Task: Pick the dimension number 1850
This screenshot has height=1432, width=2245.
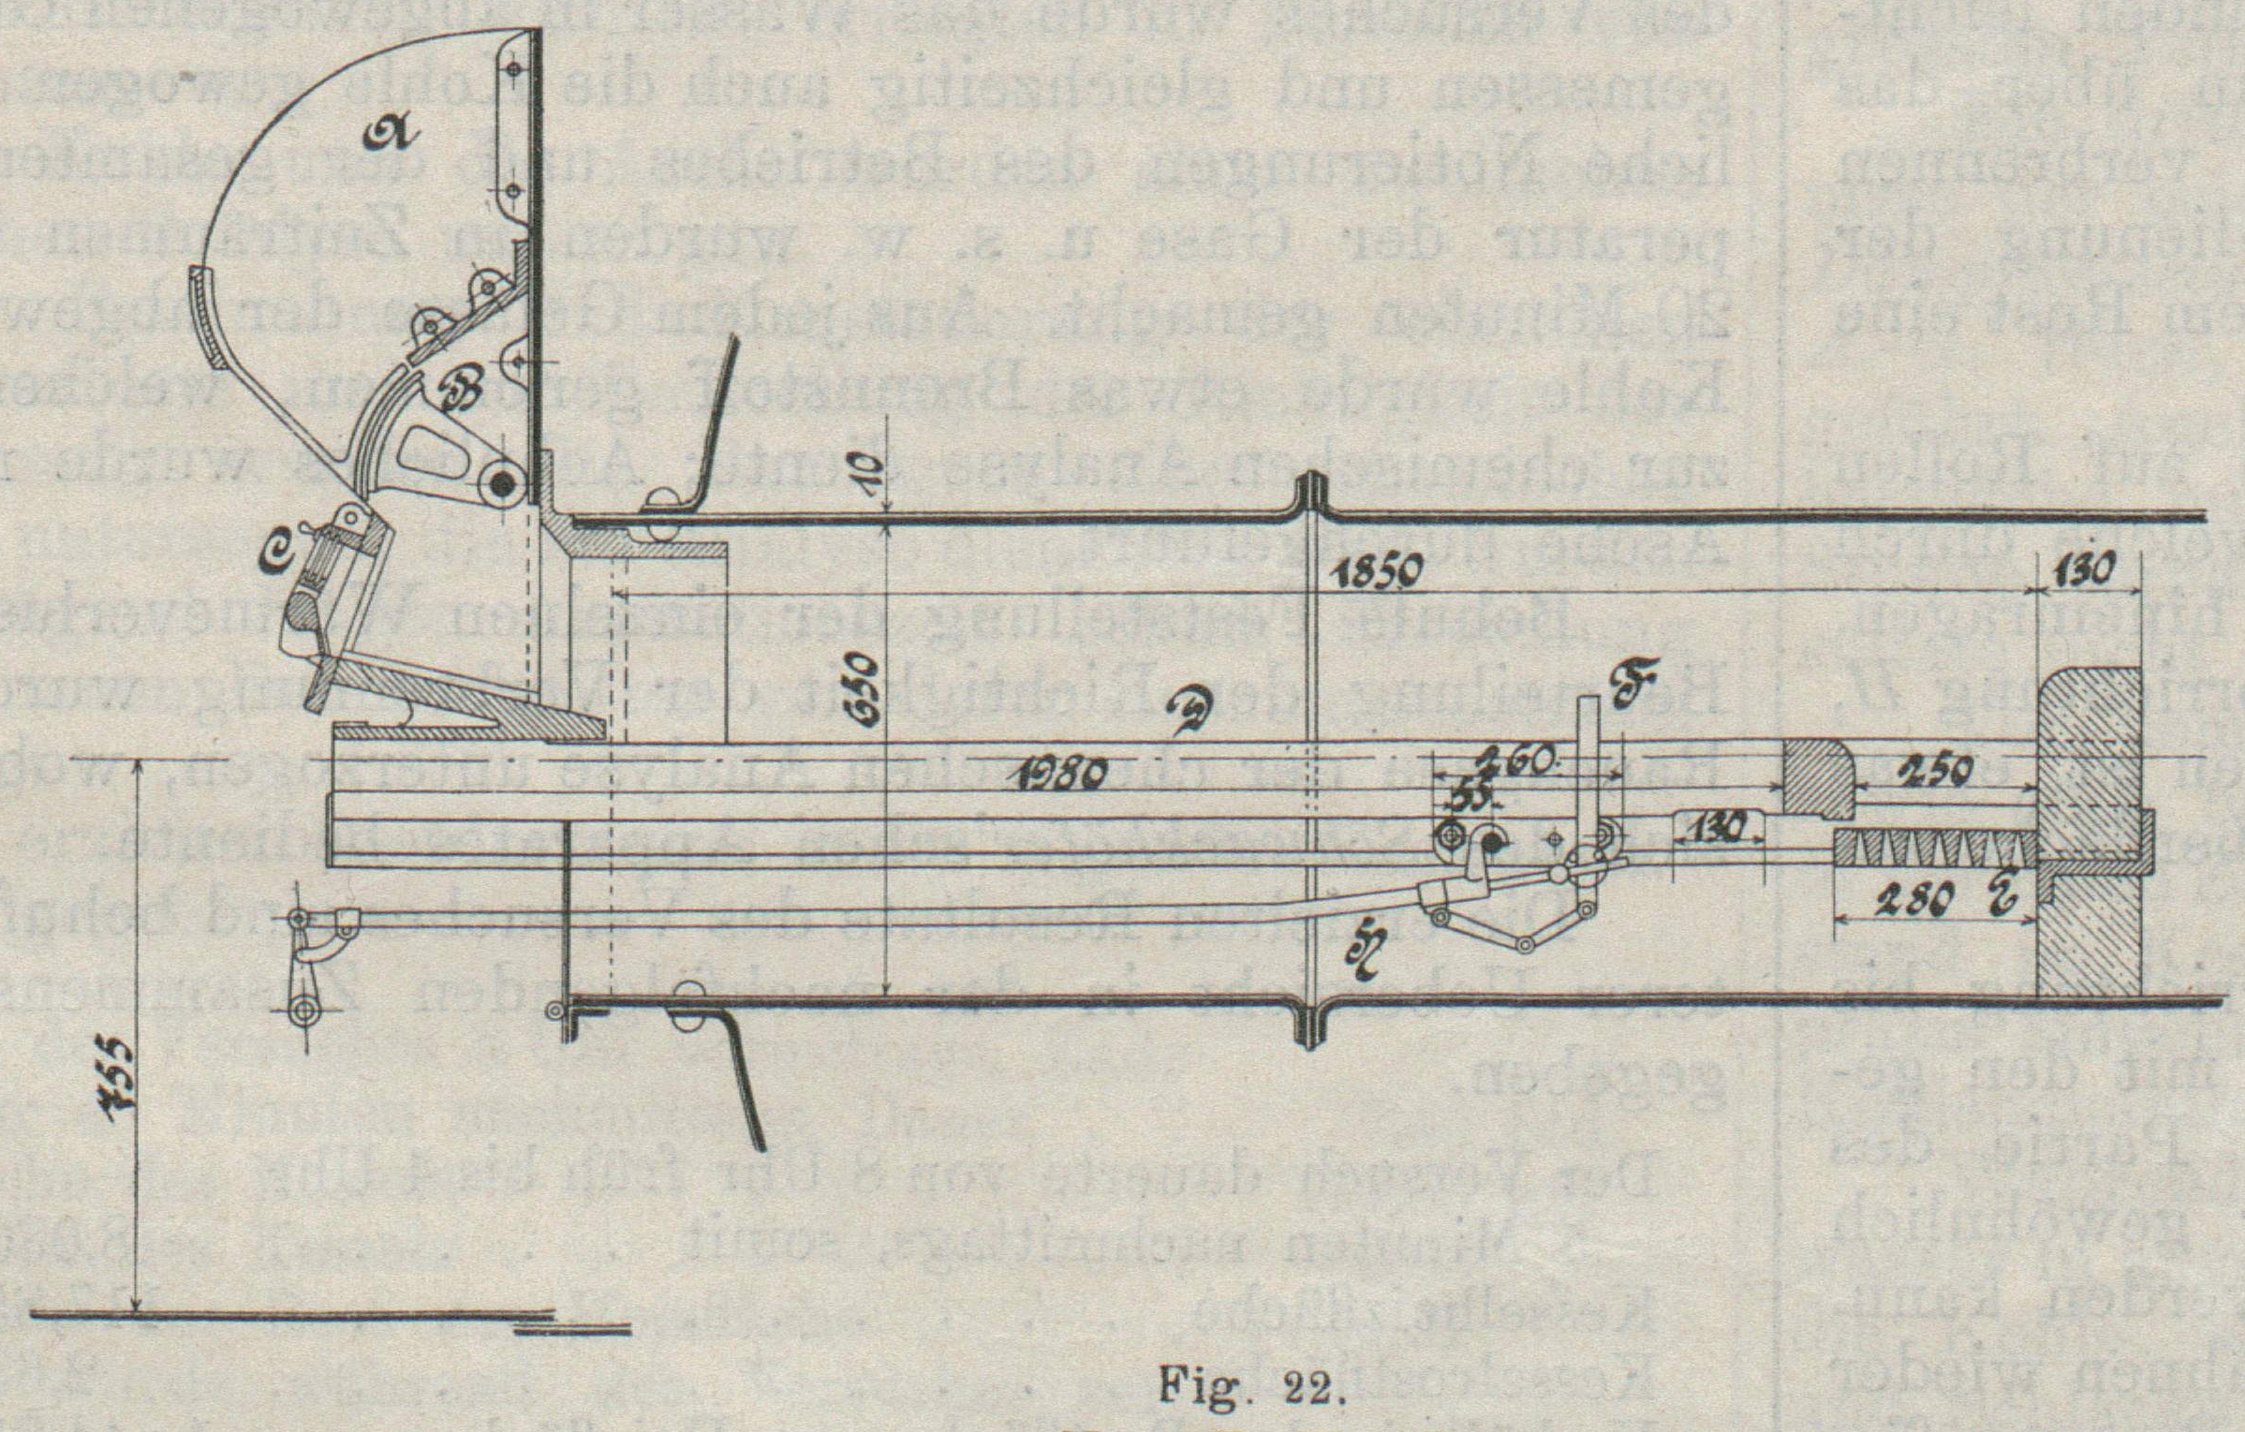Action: click(x=1374, y=570)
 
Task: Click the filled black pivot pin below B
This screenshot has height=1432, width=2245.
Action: click(x=503, y=484)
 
